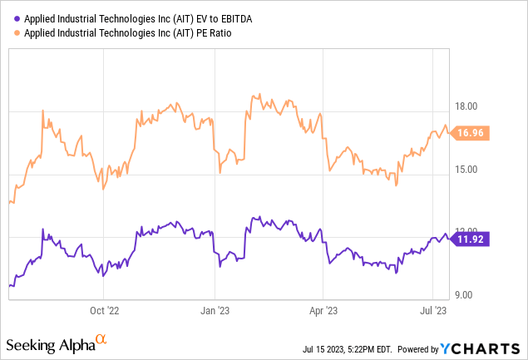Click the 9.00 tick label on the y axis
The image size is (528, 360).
click(464, 295)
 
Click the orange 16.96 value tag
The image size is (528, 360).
click(472, 132)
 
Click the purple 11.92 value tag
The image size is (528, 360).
click(471, 239)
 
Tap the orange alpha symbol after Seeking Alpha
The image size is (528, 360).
click(101, 340)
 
